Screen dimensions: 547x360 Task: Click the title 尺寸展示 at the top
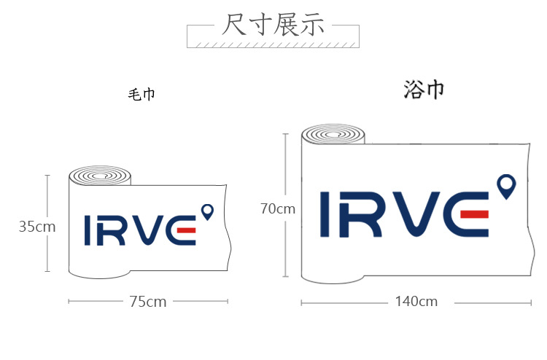point(273,24)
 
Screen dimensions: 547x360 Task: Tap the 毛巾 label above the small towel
point(141,95)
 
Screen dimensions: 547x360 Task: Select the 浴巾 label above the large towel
point(424,90)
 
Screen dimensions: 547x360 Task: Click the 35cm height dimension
point(37,227)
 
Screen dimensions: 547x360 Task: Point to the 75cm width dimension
point(148,302)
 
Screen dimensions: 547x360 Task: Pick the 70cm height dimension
point(278,208)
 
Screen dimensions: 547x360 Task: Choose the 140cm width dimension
point(416,302)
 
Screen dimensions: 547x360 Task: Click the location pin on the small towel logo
point(208,212)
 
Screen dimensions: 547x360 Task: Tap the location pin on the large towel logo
point(506,187)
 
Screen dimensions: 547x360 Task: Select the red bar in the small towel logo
point(186,230)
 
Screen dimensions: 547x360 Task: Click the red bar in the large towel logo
point(475,214)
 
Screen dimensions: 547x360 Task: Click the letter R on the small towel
point(110,230)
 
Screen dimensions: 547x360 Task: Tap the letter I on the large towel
point(325,214)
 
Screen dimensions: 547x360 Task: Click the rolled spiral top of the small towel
point(100,176)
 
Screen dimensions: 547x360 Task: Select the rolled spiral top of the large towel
point(333,134)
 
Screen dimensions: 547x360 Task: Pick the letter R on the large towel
point(361,215)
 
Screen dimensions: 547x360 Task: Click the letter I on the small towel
point(88,230)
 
